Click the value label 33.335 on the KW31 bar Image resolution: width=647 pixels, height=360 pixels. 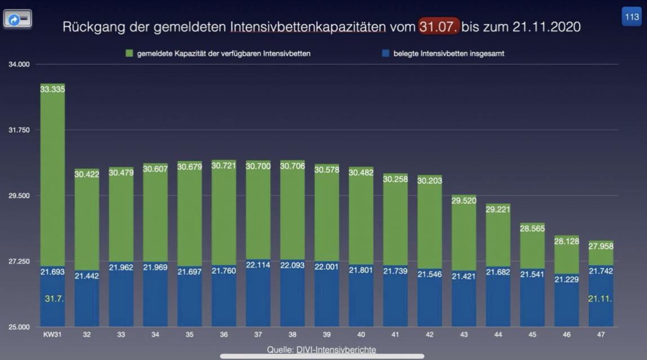pos(52,88)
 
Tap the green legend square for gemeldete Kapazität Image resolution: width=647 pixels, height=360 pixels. pos(129,54)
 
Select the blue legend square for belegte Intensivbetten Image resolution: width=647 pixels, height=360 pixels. pos(385,54)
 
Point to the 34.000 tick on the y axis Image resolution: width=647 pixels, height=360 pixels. pos(19,64)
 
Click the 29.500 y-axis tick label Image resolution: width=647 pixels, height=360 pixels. pos(19,195)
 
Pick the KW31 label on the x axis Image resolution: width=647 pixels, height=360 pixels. pos(52,335)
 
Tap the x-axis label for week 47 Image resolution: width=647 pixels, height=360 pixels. pos(601,335)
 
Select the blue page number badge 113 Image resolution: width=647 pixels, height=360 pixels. pos(631,17)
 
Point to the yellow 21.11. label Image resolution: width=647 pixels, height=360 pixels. pos(600,298)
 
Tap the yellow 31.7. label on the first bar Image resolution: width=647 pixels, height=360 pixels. pos(54,298)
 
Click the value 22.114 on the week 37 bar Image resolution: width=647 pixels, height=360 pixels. pos(258,264)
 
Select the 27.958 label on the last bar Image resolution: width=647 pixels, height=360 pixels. pos(601,246)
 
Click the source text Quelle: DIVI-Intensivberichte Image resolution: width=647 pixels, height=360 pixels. pos(322,350)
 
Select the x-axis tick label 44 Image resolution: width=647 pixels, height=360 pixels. pos(498,335)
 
